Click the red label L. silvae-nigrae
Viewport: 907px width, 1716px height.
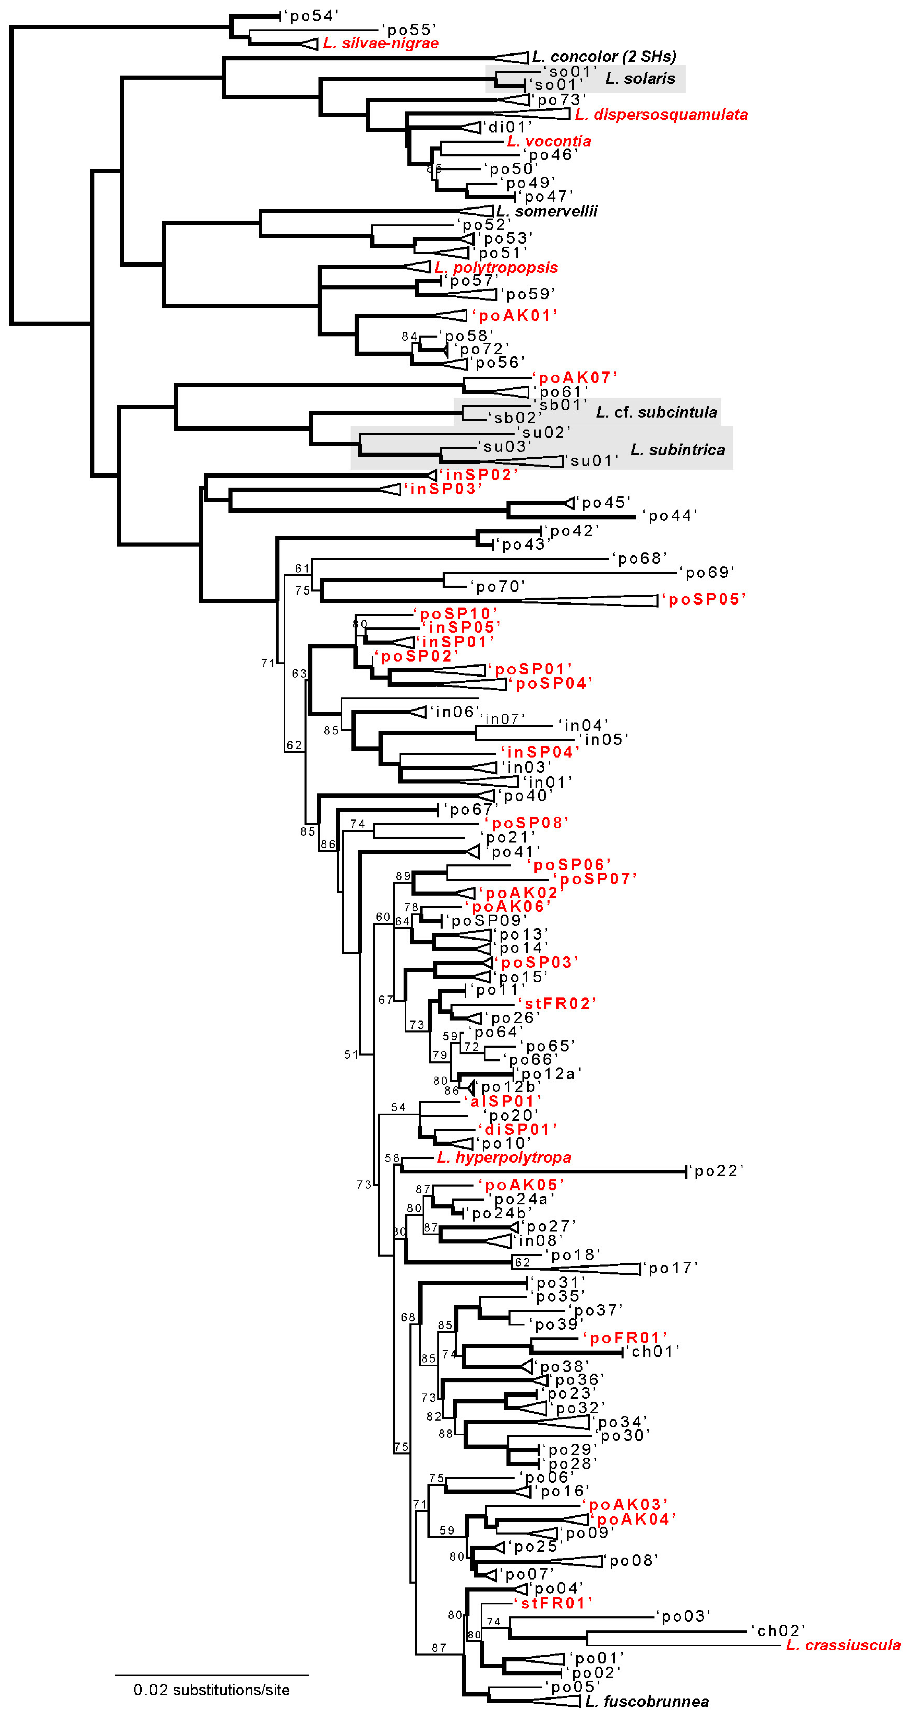(381, 43)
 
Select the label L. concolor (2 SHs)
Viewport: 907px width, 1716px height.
(604, 57)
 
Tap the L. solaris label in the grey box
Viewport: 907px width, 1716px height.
(640, 78)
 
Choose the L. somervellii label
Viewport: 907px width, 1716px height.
(547, 211)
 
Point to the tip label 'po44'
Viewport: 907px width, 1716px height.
(669, 515)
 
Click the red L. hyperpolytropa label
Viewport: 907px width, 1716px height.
(504, 1157)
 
